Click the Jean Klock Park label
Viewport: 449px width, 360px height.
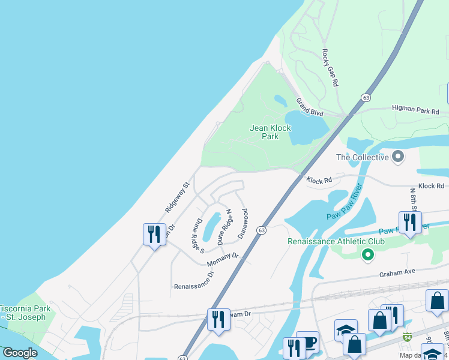coord(270,132)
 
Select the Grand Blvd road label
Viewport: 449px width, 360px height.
coord(310,107)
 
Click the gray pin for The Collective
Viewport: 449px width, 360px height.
coord(397,158)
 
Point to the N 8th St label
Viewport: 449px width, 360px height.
coord(413,198)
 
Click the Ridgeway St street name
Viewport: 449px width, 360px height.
coord(177,197)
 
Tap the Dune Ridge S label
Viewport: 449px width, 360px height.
coord(199,235)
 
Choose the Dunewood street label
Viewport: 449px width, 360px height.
coord(243,223)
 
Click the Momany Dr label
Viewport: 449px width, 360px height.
coord(223,259)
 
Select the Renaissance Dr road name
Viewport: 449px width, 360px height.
coord(194,281)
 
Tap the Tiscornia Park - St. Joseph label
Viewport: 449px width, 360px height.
coord(25,313)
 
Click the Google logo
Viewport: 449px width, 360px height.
coord(20,353)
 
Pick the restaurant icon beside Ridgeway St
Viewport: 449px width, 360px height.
coord(154,233)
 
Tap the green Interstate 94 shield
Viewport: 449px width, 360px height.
coord(408,337)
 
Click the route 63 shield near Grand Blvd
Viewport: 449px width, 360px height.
coord(365,97)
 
